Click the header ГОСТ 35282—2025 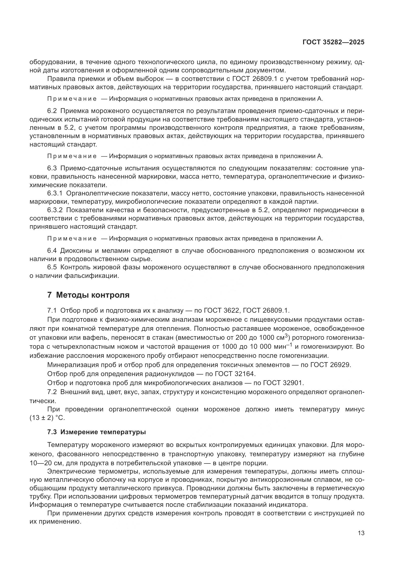coord(333,42)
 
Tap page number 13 coord(361,533)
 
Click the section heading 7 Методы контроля coord(88,295)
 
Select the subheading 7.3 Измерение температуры coord(97,432)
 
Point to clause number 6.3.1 coord(55,193)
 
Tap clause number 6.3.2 coord(55,210)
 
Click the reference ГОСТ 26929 coord(331,365)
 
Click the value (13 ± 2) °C coord(47,418)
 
